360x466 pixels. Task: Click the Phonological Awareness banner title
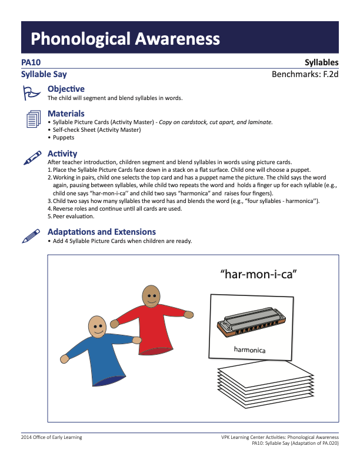click(125, 39)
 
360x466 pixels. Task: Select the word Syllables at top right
click(321, 62)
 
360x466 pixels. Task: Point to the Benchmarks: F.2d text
click(305, 75)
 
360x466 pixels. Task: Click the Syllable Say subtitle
click(44, 75)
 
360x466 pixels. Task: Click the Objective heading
click(66, 89)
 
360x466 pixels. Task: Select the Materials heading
click(66, 114)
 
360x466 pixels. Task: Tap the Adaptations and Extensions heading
click(101, 232)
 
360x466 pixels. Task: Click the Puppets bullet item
click(63, 138)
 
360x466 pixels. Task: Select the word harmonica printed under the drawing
click(249, 350)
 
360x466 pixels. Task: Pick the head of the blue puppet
click(98, 325)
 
